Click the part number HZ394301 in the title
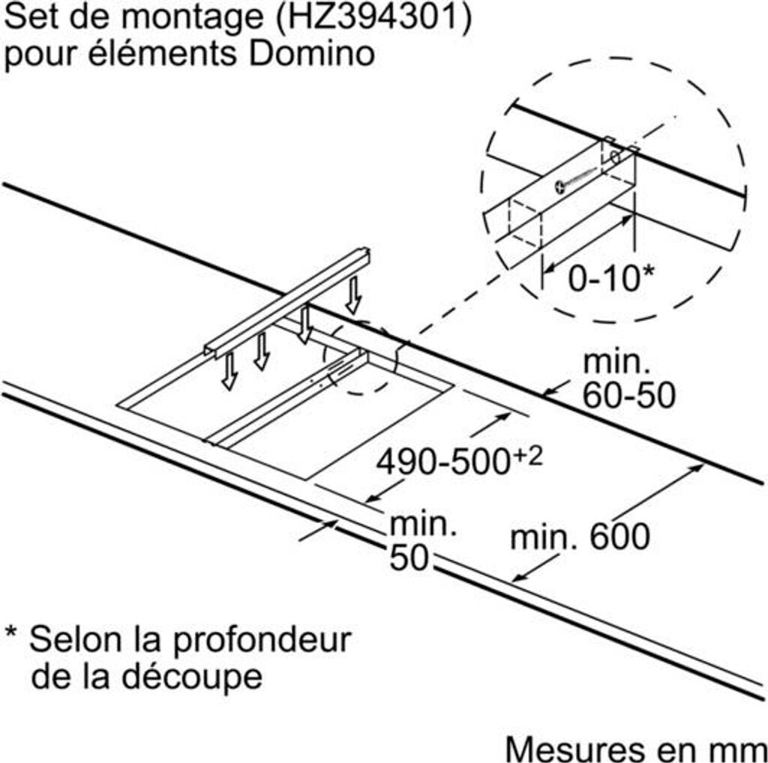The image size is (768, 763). coord(374,19)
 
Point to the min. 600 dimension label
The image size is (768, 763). coord(579,537)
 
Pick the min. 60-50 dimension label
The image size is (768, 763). coord(628,380)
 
